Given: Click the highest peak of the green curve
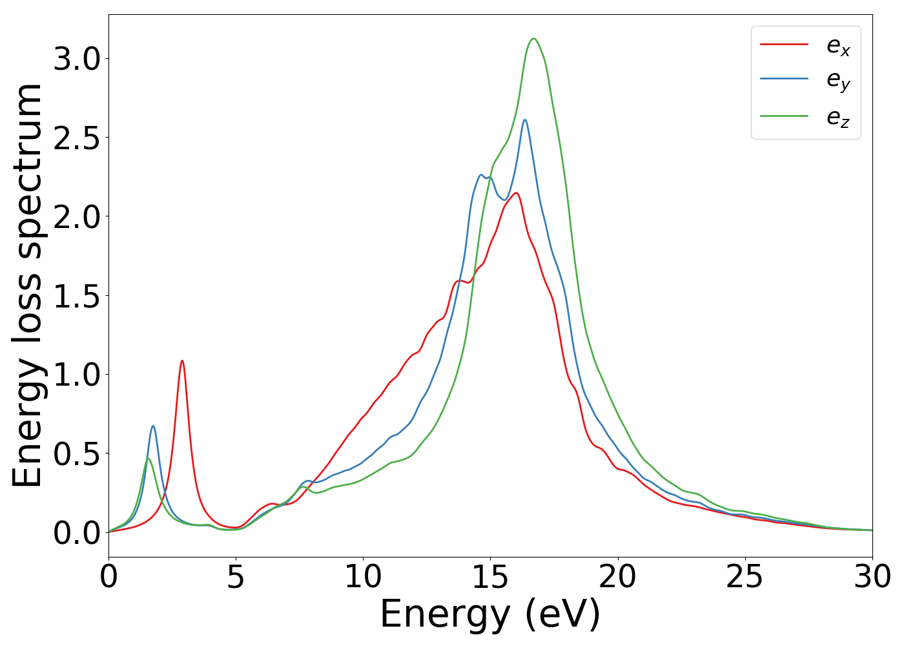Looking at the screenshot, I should point(533,39).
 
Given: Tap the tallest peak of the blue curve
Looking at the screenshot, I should point(525,120).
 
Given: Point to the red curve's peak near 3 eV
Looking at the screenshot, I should point(182,360).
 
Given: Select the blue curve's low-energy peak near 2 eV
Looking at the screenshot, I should point(153,426).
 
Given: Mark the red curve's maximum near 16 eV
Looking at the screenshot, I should point(515,193).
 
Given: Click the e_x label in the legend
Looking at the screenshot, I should point(838,47).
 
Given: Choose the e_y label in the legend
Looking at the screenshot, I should point(838,81).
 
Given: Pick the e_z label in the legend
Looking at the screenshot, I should point(838,118).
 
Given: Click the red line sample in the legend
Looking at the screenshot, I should point(784,44).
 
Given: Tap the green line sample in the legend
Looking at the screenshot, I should point(784,116).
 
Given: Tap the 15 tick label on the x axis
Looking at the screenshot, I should point(490,577).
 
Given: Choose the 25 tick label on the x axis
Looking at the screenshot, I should point(745,577).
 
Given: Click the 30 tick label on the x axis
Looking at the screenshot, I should point(872,577).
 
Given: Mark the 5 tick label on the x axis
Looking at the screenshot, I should point(236,577).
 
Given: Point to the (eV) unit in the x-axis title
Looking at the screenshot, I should point(562,614).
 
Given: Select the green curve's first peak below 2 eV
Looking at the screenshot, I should point(149,459).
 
